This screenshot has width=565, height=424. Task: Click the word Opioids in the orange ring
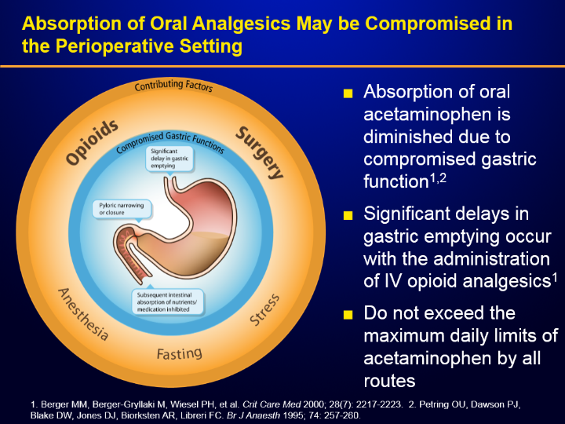[93, 142]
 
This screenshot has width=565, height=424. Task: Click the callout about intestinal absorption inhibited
[168, 302]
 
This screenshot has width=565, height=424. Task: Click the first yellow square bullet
[349, 94]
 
